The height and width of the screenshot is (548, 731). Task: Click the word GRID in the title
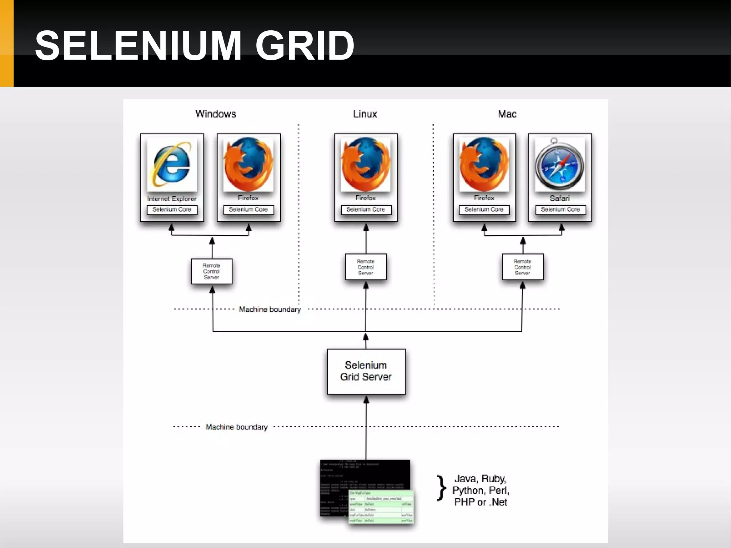[304, 46]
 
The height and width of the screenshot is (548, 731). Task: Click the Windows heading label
[216, 114]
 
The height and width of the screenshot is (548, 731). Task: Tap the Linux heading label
[365, 114]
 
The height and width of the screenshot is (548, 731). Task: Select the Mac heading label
[507, 114]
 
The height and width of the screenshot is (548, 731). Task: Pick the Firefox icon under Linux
[365, 165]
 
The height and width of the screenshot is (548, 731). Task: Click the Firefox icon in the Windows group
[248, 165]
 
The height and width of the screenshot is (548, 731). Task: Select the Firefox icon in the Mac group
[484, 165]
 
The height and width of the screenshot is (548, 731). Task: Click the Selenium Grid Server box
[366, 371]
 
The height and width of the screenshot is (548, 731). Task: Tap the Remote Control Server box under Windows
[212, 271]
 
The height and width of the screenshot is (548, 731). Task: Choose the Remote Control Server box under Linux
[365, 267]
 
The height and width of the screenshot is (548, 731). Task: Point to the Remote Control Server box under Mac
[522, 267]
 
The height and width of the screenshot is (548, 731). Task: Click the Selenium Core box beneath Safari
[560, 210]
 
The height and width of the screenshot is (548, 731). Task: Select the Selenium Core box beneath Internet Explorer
[172, 210]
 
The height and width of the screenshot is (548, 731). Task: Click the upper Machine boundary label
[270, 309]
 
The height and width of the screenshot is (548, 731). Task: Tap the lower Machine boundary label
[236, 427]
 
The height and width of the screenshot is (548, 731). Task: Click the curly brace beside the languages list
[442, 488]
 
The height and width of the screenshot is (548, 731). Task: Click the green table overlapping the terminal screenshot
[381, 507]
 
